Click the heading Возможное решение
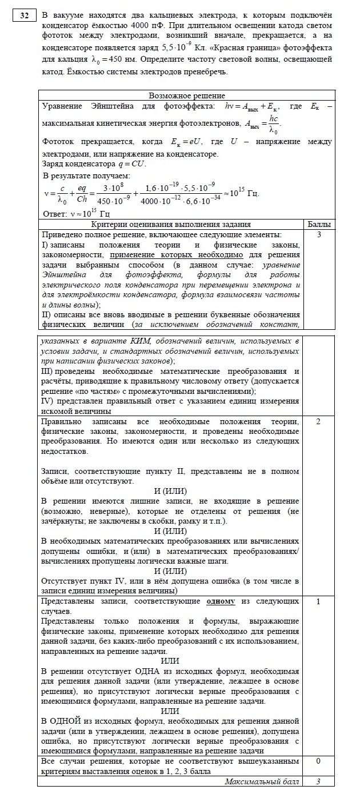click(186, 95)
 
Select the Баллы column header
click(319, 225)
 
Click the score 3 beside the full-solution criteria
click(319, 234)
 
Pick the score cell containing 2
click(319, 421)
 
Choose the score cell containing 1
click(319, 601)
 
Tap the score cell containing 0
click(319, 761)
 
